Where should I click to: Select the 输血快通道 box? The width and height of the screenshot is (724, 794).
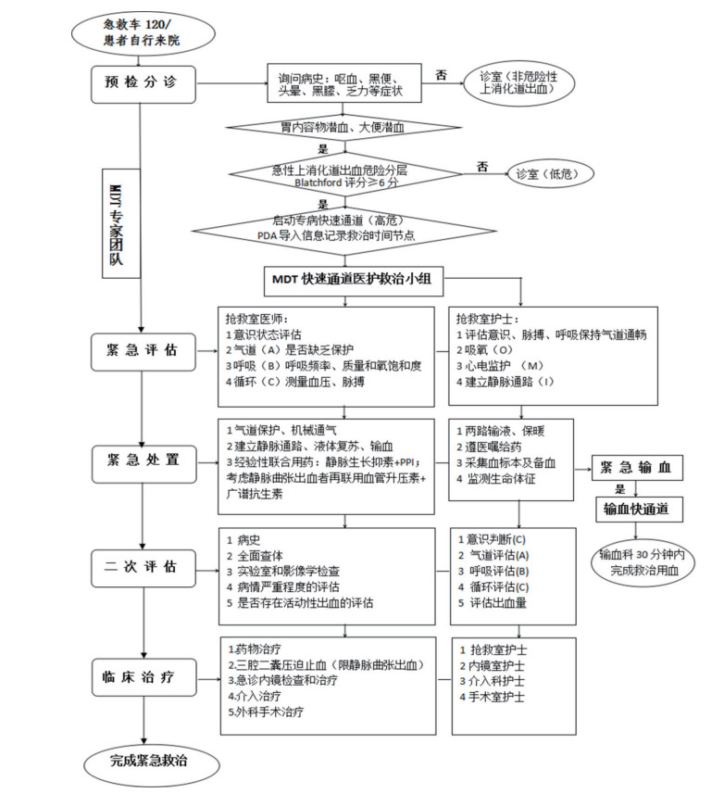tap(638, 509)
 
